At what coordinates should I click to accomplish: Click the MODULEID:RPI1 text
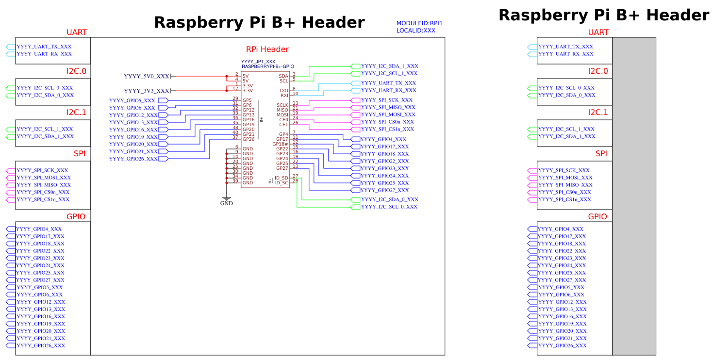pos(419,23)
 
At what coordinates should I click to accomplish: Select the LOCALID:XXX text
pos(415,31)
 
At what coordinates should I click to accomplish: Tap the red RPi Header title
pos(267,49)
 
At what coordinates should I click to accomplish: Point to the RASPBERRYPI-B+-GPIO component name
pos(267,66)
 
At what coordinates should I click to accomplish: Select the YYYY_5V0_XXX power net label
pos(147,76)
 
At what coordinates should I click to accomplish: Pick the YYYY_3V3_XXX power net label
pos(147,91)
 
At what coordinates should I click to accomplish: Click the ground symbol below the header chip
pos(226,198)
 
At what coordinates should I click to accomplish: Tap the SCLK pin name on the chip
pos(282,105)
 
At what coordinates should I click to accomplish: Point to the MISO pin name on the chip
pos(282,110)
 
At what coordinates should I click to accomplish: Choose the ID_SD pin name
pos(282,178)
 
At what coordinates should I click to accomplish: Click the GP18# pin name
pos(281,144)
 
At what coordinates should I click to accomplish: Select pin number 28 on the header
pos(295,181)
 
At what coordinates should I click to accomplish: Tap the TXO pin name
pos(283,91)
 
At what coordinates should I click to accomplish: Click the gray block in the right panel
pos(634,196)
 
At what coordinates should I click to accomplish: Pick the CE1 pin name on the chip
pos(283,125)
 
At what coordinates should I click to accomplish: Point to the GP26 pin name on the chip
pos(249,139)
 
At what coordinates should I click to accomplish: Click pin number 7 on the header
pos(294,132)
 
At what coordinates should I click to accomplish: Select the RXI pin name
pos(284,96)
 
